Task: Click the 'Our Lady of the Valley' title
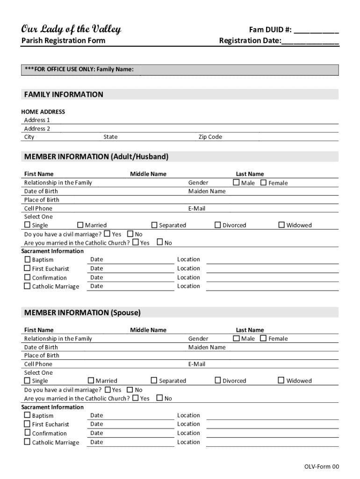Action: coord(71,29)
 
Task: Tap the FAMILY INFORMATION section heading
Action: coord(64,94)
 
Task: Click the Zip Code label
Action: coord(210,137)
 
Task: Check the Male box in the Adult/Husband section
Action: coord(236,182)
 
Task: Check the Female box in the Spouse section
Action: coord(263,338)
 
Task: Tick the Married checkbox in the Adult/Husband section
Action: coord(80,225)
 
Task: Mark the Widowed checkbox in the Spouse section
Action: coord(281,380)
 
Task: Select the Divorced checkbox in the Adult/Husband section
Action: coord(217,225)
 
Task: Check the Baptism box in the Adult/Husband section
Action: coord(27,259)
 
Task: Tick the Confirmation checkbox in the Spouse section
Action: coord(27,433)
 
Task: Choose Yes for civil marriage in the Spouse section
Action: coord(108,389)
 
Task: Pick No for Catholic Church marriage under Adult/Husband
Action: coord(160,242)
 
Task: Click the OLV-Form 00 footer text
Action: coord(322,466)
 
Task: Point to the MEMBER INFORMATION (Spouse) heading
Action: coord(82,312)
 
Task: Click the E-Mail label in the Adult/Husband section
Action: coord(197,209)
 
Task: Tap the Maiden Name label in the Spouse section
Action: coord(207,347)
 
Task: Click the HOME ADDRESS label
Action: coord(43,112)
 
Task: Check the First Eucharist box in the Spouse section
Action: coord(27,424)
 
